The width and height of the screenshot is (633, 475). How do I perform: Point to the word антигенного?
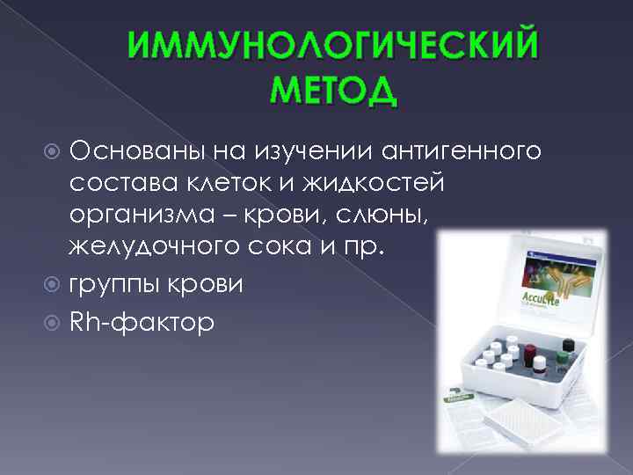click(461, 152)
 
